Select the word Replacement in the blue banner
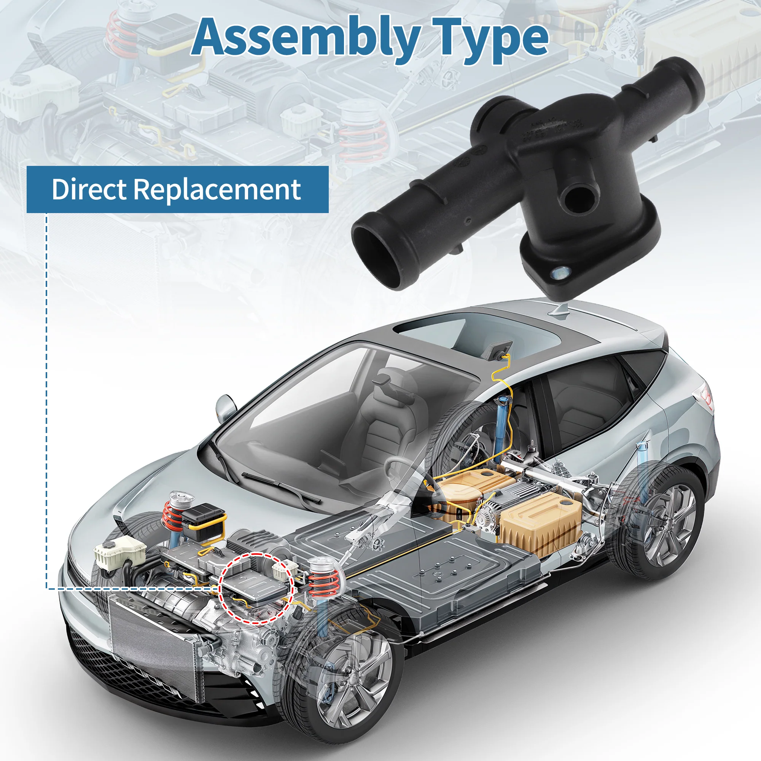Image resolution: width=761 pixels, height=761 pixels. [x=217, y=190]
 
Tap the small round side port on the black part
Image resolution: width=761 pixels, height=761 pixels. [x=578, y=196]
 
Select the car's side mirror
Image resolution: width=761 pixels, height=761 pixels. [x=226, y=407]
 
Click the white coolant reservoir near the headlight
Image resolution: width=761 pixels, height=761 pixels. [x=119, y=553]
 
